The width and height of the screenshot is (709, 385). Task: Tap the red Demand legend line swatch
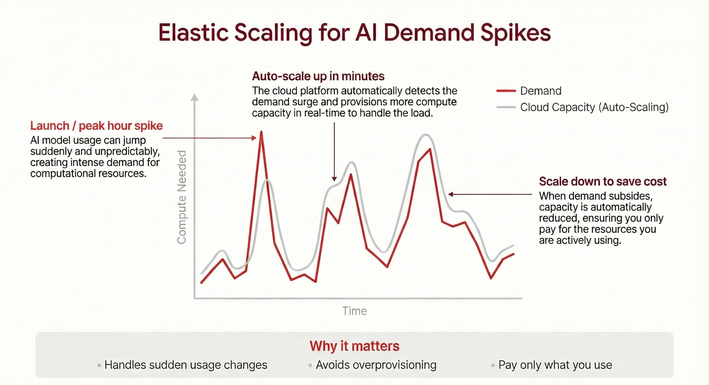tap(506, 91)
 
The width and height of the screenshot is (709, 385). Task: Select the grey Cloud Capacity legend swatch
tap(506, 107)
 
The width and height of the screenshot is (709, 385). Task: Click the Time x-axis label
tap(354, 311)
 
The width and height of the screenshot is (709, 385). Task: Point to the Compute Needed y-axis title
tap(182, 197)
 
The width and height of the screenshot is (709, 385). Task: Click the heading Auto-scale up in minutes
tap(318, 76)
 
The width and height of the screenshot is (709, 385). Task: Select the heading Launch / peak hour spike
tap(96, 126)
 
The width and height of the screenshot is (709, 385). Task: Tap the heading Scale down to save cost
tap(603, 181)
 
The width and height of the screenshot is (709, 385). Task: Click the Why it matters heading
tap(354, 346)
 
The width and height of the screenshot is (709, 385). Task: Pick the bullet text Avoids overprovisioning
tap(376, 365)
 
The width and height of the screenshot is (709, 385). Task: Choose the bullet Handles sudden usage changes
tap(186, 365)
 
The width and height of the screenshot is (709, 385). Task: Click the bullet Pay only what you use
tap(555, 365)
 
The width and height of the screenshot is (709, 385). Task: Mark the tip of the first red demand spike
tap(261, 132)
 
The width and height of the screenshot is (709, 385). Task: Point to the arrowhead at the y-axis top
tap(195, 97)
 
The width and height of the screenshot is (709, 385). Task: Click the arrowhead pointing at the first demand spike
tap(254, 138)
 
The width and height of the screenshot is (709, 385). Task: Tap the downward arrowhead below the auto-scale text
tap(334, 179)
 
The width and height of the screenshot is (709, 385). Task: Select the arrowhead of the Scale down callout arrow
tap(451, 194)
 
